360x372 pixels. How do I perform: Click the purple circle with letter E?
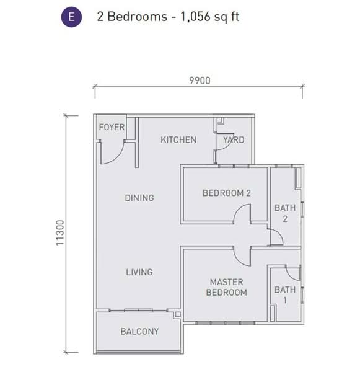coord(71,17)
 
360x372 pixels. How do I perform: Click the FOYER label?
coord(112,128)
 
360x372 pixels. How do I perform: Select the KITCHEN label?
coord(178,139)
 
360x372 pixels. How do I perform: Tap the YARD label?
coord(234,139)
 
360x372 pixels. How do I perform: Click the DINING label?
coord(139,198)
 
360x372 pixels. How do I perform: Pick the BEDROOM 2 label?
coord(226,193)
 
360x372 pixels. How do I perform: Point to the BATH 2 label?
coord(285,213)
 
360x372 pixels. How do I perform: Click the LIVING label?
coord(139,272)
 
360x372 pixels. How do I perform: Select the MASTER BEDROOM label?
coord(227,287)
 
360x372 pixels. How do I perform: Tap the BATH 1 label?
coord(285,294)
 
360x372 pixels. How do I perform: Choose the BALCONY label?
coord(139,331)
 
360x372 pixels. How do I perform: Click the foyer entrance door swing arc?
coord(112,152)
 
